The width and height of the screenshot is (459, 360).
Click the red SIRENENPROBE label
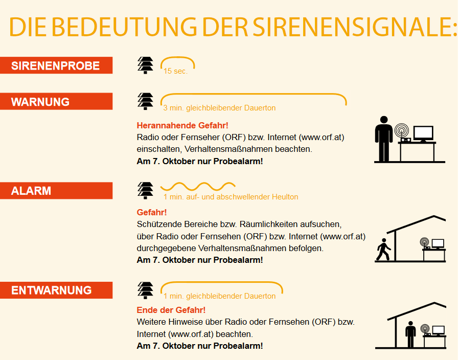pos(56,65)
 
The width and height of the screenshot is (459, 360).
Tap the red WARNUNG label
pos(56,101)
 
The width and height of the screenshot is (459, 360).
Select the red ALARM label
pos(56,191)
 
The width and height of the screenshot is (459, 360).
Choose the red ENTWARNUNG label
pos(56,290)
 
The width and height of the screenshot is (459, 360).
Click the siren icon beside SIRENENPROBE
pos(145,65)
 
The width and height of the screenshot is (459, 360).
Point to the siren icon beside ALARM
pos(145,191)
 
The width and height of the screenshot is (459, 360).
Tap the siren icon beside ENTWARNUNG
pos(145,290)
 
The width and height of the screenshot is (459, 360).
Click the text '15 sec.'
pos(175,71)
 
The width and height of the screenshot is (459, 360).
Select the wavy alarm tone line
pos(198,186)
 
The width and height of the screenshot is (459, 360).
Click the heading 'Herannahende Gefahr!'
pos(182,125)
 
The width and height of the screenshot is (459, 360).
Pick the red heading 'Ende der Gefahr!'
pos(171,310)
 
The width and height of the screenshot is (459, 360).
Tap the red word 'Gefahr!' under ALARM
pos(152,212)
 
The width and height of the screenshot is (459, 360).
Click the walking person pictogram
pos(383,249)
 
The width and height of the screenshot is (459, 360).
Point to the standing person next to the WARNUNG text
pos(384,139)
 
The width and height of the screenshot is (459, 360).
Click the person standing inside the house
pos(410,334)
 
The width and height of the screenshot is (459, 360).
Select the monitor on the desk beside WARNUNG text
pos(423,134)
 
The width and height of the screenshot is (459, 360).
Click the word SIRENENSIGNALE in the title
pos(355,27)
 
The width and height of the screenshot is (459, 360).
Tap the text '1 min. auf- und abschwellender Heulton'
pos(231,197)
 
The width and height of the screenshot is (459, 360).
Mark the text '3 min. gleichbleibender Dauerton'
pos(219,108)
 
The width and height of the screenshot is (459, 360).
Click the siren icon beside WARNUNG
pos(145,101)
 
